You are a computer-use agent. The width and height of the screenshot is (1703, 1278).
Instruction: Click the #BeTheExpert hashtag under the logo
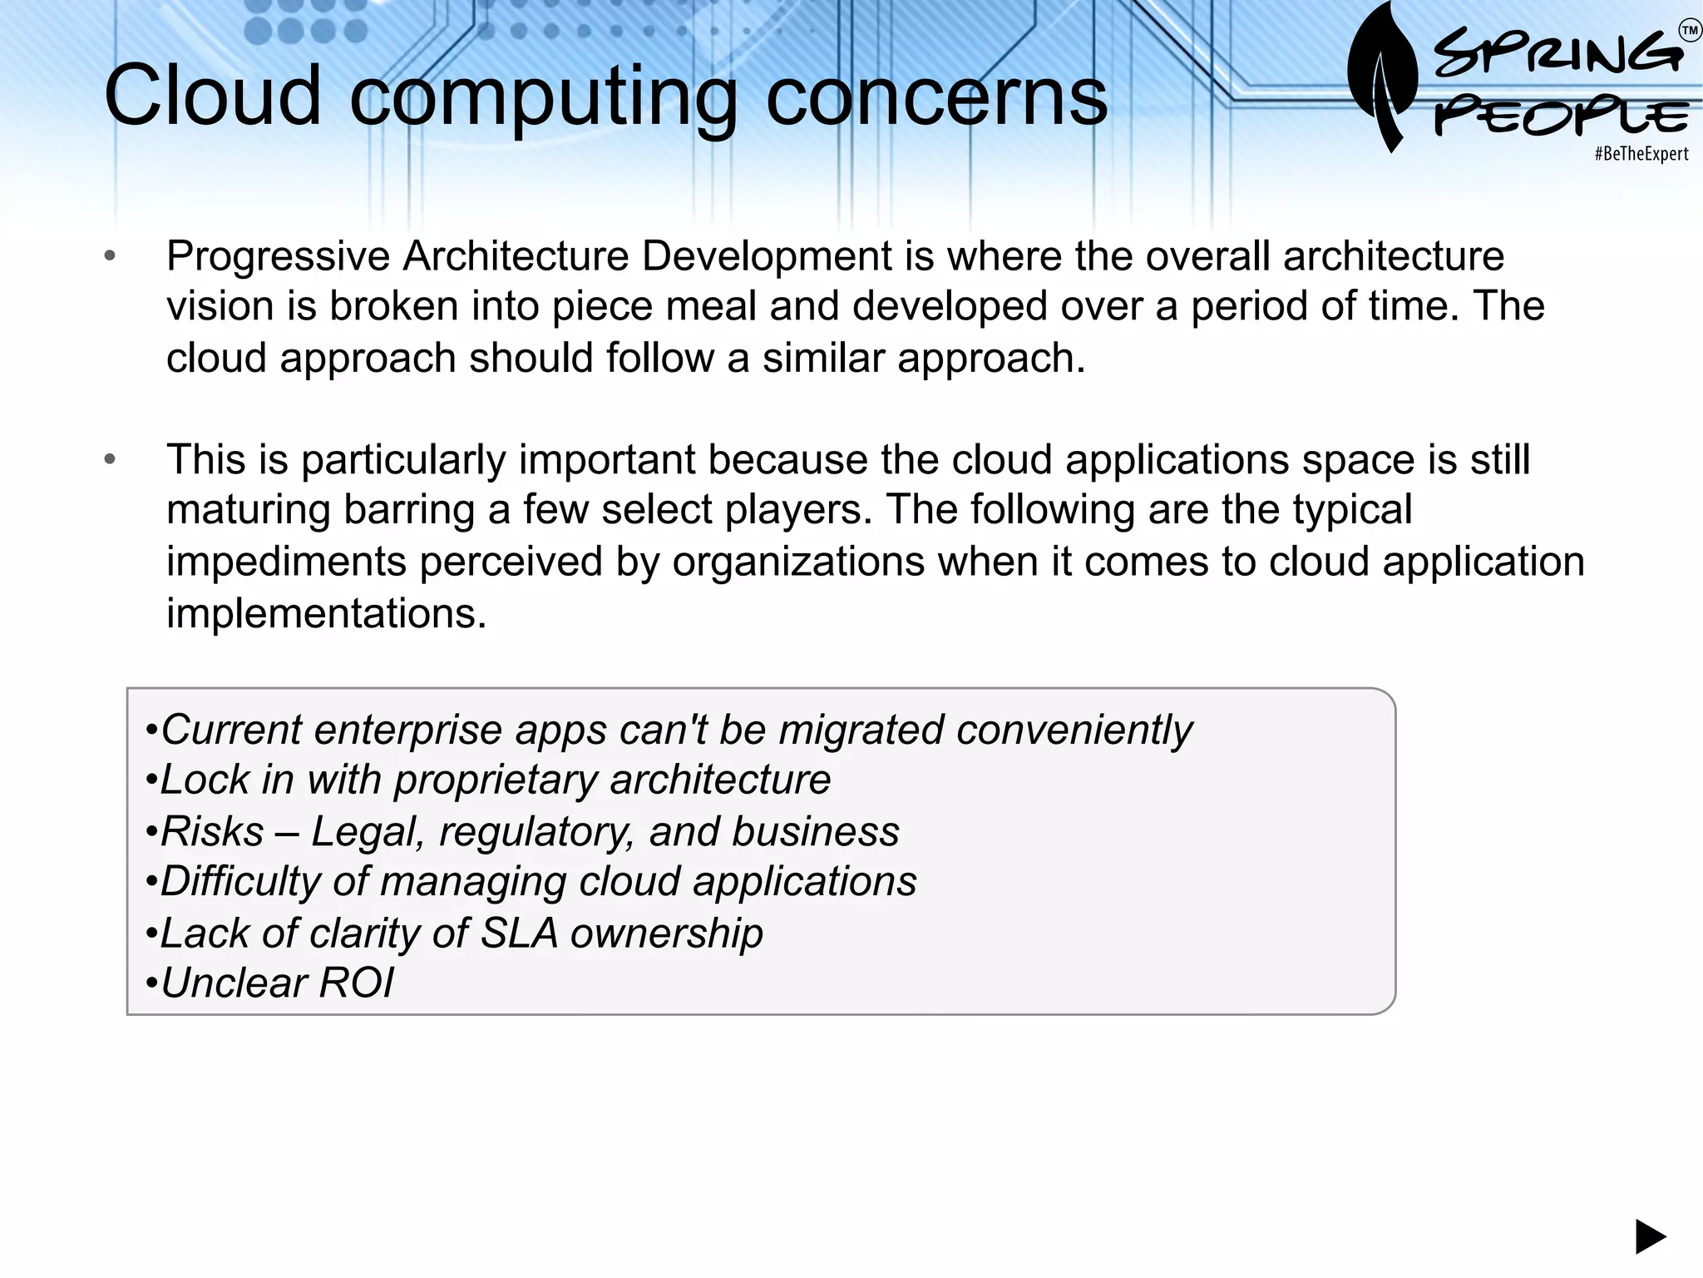pos(1641,154)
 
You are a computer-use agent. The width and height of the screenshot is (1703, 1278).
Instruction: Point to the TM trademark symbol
pos(1690,32)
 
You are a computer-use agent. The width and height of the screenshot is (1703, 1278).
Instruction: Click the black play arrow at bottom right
pos(1651,1236)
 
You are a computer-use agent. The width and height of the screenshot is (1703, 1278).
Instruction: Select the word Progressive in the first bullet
pos(278,256)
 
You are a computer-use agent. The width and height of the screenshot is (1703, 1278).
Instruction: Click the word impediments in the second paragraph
pos(286,562)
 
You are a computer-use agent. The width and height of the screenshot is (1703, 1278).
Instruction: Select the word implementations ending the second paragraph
pos(325,614)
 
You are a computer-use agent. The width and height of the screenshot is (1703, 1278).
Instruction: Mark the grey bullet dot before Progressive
pos(110,256)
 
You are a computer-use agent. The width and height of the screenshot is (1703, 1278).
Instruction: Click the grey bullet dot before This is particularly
pos(110,460)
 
